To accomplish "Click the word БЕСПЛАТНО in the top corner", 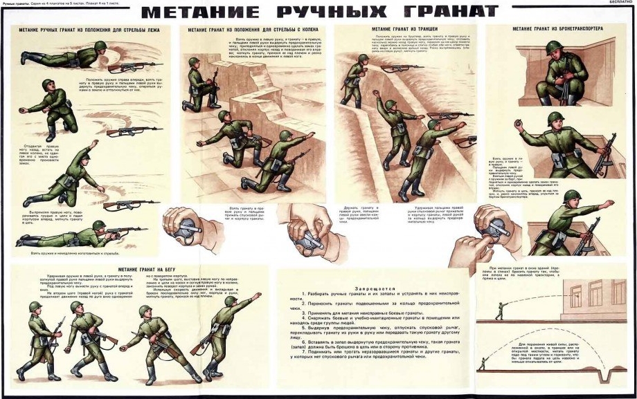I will [x=622, y=3].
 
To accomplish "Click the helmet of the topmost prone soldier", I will [x=102, y=46].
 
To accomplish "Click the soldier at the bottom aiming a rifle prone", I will [x=76, y=235].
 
